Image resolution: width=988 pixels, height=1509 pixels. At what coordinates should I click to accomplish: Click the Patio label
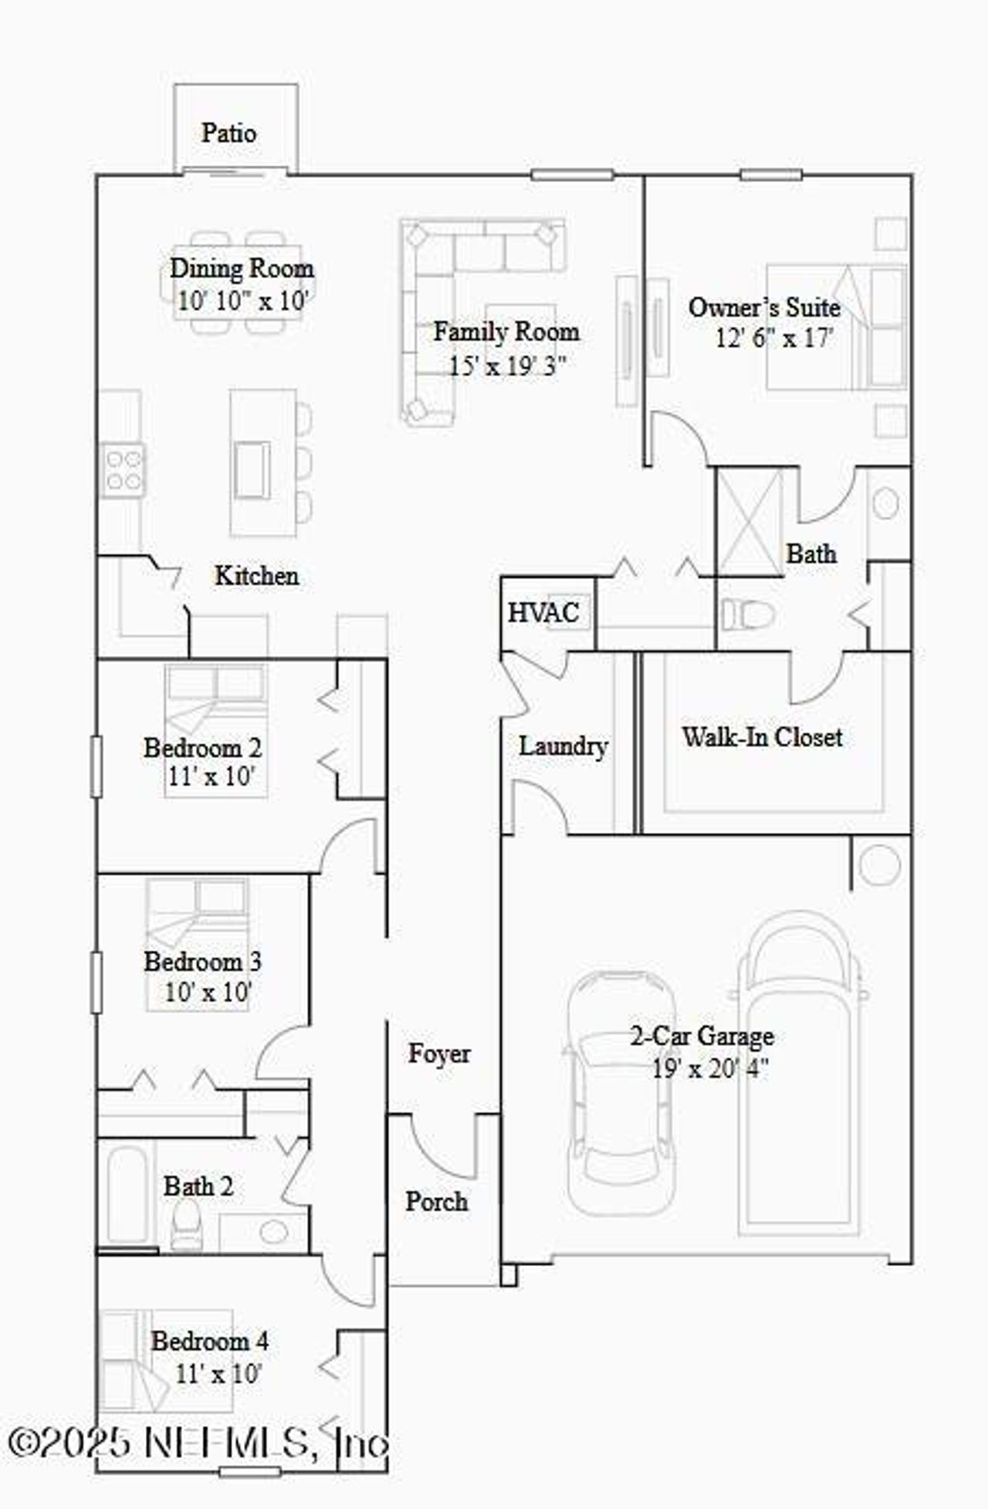pyautogui.click(x=228, y=133)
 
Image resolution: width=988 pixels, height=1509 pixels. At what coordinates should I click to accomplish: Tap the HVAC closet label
pyautogui.click(x=543, y=613)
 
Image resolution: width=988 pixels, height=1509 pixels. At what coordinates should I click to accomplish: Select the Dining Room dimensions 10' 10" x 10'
pyautogui.click(x=242, y=301)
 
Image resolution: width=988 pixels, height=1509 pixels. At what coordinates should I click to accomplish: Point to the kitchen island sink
pyautogui.click(x=252, y=470)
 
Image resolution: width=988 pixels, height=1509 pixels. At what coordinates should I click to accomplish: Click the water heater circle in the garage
pyautogui.click(x=879, y=865)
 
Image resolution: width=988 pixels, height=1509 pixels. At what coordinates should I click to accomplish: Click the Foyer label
pyautogui.click(x=438, y=1054)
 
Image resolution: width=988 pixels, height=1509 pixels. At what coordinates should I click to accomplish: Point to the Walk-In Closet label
pyautogui.click(x=761, y=737)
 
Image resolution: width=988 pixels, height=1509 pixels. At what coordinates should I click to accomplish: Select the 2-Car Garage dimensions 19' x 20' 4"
pyautogui.click(x=710, y=1070)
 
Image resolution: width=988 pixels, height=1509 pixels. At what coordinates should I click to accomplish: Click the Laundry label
pyautogui.click(x=563, y=746)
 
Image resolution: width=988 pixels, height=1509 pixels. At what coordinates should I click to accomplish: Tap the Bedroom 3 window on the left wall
pyautogui.click(x=96, y=982)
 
